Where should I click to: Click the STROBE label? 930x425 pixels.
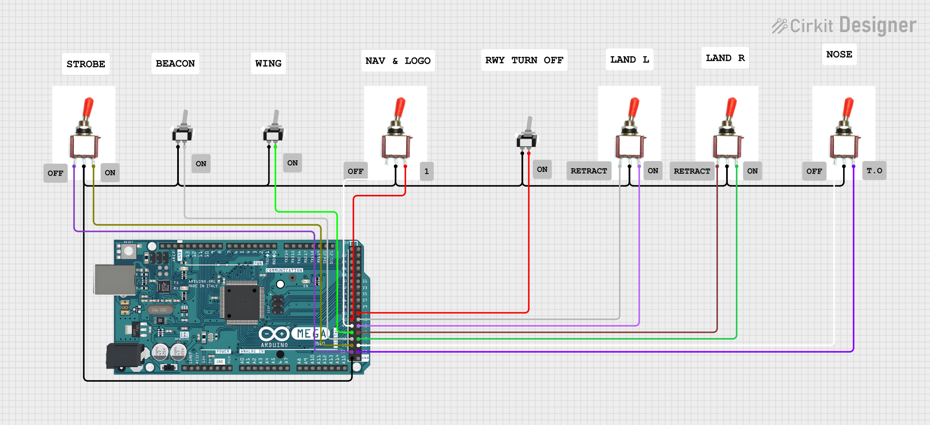(86, 64)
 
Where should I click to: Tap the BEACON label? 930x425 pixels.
(175, 63)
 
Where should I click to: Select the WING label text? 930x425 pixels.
(268, 63)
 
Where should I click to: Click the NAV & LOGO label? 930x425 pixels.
(398, 61)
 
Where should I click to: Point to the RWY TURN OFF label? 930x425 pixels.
(524, 60)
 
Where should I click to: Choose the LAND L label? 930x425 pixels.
(629, 60)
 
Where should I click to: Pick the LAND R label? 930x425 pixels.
(725, 58)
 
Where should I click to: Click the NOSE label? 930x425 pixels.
(839, 54)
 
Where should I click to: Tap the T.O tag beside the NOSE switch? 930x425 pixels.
(874, 171)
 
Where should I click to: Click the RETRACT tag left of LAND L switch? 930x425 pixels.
(589, 171)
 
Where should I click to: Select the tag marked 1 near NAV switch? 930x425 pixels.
(426, 171)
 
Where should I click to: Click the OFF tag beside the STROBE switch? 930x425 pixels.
(55, 173)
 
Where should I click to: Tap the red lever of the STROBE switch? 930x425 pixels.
(88, 107)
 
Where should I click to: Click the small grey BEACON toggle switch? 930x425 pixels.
(182, 129)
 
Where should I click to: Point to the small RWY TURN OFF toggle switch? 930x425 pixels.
(527, 135)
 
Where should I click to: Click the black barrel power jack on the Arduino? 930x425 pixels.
(124, 356)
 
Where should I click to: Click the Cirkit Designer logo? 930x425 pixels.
(844, 26)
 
